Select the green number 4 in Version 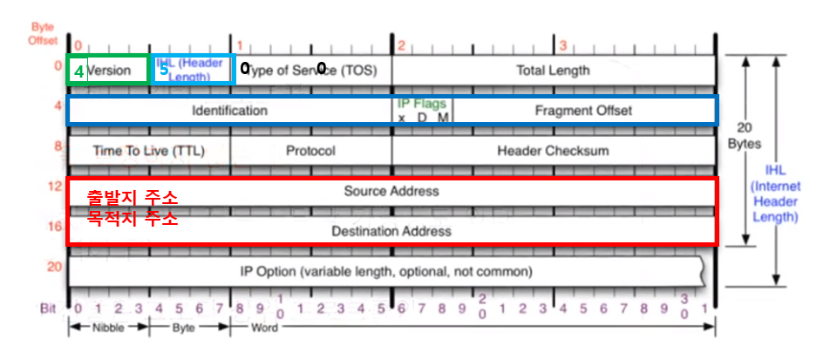(78, 71)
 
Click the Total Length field (553, 71)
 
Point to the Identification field (229, 111)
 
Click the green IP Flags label (422, 103)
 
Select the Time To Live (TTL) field (148, 151)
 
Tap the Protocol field (310, 151)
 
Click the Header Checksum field (553, 151)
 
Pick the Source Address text (391, 190)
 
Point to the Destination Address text (391, 231)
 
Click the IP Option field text (386, 271)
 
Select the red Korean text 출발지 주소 (133, 198)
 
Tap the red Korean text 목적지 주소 (133, 217)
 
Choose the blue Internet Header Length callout (775, 194)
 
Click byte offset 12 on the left (54, 186)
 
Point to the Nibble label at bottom (107, 329)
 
